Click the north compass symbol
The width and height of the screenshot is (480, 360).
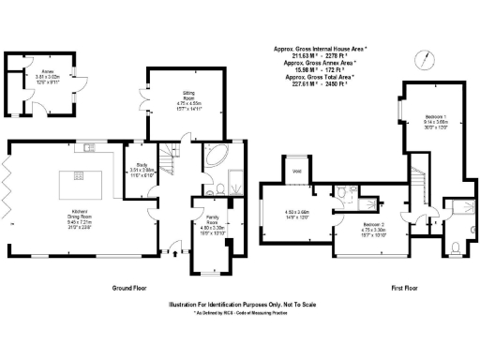tap(428, 61)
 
